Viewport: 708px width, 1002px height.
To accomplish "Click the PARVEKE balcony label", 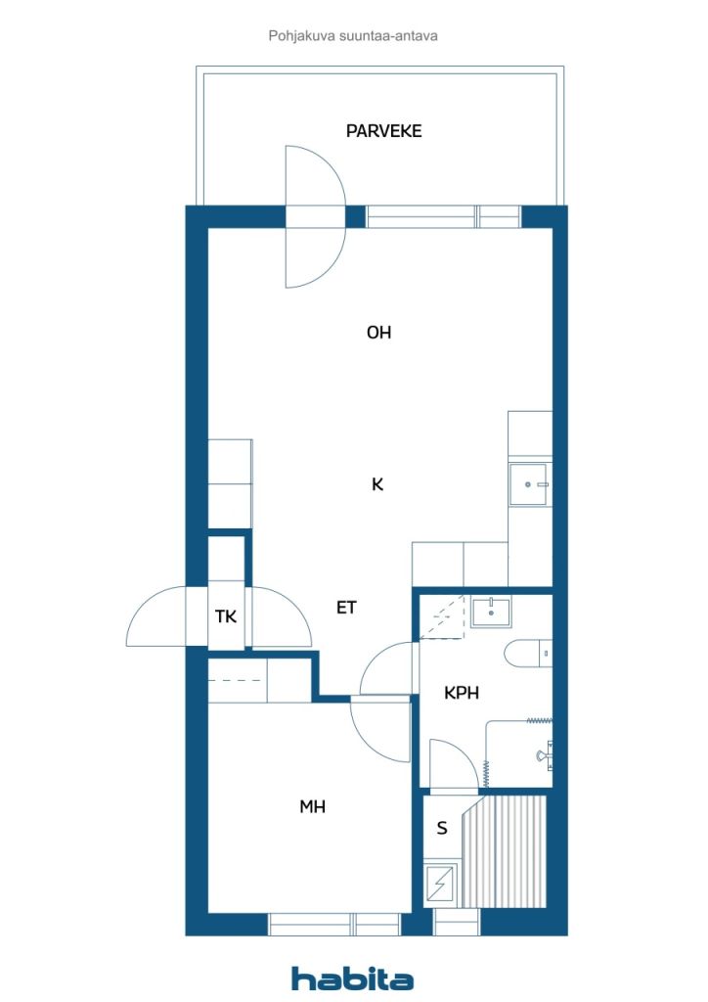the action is (x=383, y=131).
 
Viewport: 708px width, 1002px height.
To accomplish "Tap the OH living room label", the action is (x=378, y=333).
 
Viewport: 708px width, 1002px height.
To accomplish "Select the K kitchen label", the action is (x=377, y=484).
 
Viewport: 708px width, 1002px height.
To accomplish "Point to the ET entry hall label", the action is (x=346, y=607).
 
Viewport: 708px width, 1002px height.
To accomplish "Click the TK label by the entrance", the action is (x=226, y=616).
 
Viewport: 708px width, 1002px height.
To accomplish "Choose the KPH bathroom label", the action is (x=462, y=693).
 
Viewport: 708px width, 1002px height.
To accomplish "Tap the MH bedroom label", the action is (x=313, y=807).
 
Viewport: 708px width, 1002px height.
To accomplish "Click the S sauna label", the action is (x=442, y=829).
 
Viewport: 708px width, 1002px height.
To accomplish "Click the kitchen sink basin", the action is (x=529, y=484).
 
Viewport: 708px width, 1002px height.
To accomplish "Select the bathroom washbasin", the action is (x=491, y=612).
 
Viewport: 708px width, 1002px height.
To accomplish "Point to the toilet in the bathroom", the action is (x=528, y=654).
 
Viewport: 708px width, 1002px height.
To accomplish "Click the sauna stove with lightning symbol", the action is (x=440, y=884).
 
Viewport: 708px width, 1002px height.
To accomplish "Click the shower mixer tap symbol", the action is (x=545, y=754).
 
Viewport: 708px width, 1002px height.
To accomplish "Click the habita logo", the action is (x=352, y=979).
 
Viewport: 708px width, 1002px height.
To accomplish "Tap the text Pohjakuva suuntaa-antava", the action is (x=353, y=36).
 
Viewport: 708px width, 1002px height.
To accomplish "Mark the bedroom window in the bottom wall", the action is (x=333, y=924).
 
